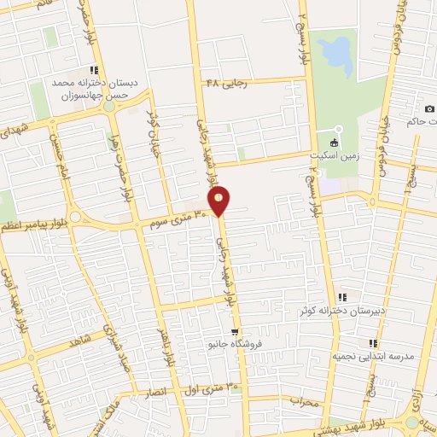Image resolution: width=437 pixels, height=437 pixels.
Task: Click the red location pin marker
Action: tap(219, 200)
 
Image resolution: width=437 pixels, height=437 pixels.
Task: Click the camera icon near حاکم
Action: tap(429, 110)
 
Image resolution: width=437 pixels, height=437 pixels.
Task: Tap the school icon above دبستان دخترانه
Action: tap(94, 70)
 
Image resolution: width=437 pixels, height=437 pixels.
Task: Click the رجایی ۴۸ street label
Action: tap(226, 83)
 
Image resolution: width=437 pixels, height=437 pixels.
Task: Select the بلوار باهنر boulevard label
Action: tap(166, 347)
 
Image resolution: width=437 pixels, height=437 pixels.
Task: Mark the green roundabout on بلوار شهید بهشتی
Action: tap(412, 422)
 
